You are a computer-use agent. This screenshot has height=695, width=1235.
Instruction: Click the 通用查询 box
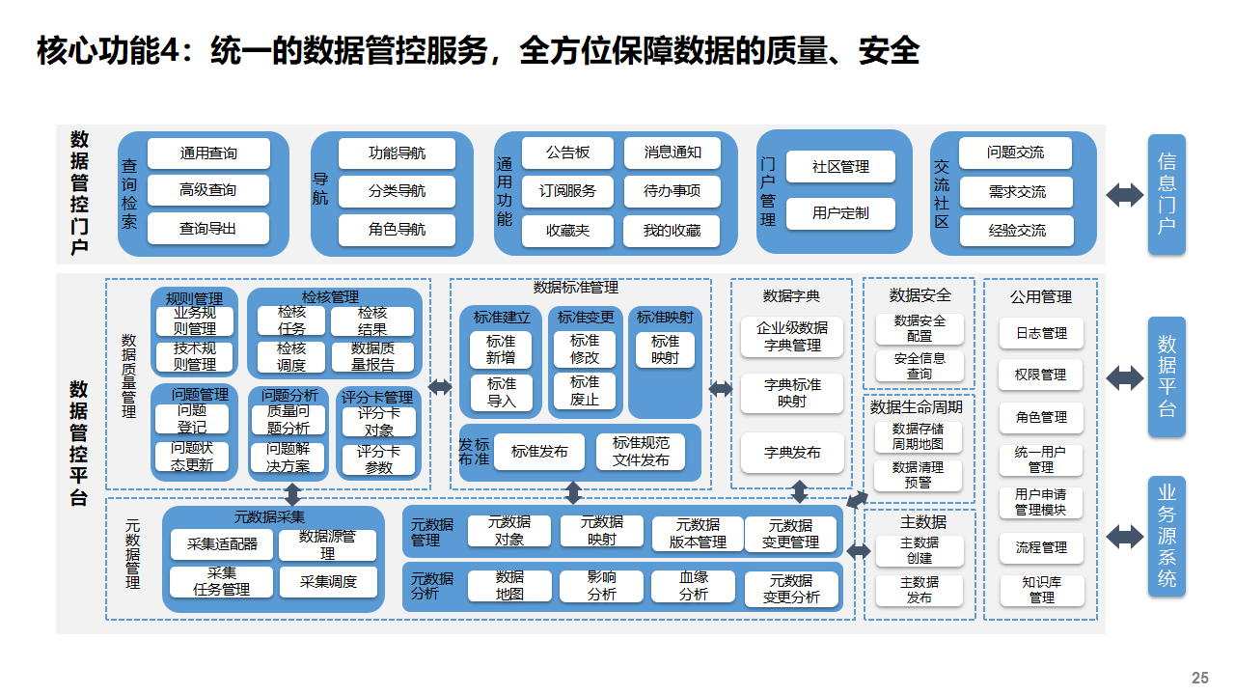click(x=208, y=153)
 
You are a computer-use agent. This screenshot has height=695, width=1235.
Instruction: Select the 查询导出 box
click(x=208, y=229)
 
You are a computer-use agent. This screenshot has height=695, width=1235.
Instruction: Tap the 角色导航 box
click(x=397, y=230)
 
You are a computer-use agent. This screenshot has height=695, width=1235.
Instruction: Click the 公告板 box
click(x=567, y=153)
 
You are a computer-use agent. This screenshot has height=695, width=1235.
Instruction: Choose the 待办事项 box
click(x=672, y=191)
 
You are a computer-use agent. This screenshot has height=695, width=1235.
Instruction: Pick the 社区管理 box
click(x=840, y=167)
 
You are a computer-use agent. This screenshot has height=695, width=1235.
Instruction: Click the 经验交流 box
click(x=1016, y=231)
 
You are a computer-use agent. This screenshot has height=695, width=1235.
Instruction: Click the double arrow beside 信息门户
click(x=1124, y=195)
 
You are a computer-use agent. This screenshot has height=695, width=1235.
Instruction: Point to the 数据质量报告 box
click(x=372, y=357)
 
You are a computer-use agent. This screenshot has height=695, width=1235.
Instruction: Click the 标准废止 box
click(x=584, y=391)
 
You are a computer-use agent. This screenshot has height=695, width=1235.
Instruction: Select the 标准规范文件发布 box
click(x=641, y=452)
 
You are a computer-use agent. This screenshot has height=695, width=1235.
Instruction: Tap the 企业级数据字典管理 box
click(x=792, y=336)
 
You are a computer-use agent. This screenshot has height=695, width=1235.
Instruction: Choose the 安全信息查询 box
click(x=919, y=366)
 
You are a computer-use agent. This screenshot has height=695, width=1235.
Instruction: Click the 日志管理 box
click(x=1041, y=333)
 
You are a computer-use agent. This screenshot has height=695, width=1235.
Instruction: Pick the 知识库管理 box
click(x=1041, y=590)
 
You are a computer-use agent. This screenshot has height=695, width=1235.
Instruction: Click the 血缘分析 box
click(x=693, y=587)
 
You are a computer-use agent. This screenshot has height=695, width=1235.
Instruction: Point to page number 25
click(x=1200, y=678)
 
